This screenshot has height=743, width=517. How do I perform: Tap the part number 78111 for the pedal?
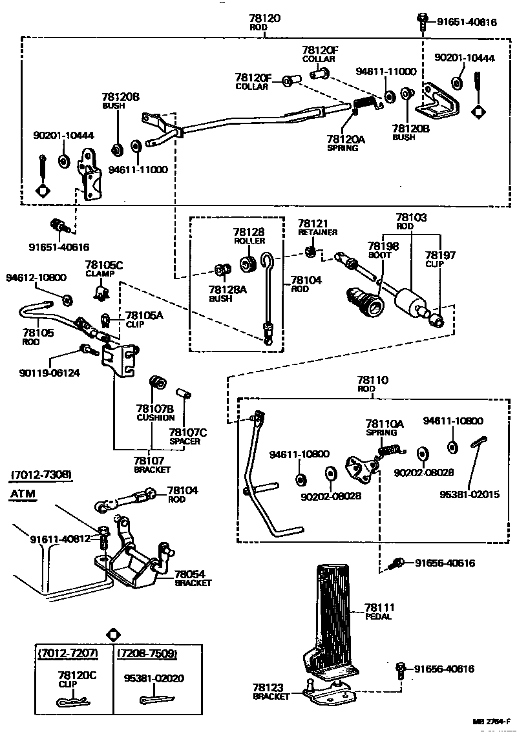pos(379,607)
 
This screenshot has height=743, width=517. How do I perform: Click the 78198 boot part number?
pos(383,246)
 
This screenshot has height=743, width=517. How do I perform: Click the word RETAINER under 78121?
pos(317,232)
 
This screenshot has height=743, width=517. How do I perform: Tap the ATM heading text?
pos(23,494)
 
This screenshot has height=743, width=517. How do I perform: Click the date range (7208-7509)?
pos(147,653)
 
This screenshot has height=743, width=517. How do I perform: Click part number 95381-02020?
pos(153,678)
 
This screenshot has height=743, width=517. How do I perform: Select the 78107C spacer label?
pos(187,432)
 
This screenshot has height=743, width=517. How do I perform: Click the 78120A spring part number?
pos(346,139)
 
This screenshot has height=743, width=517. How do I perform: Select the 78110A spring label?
pos(385,424)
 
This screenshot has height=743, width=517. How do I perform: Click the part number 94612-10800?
pos(36,277)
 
